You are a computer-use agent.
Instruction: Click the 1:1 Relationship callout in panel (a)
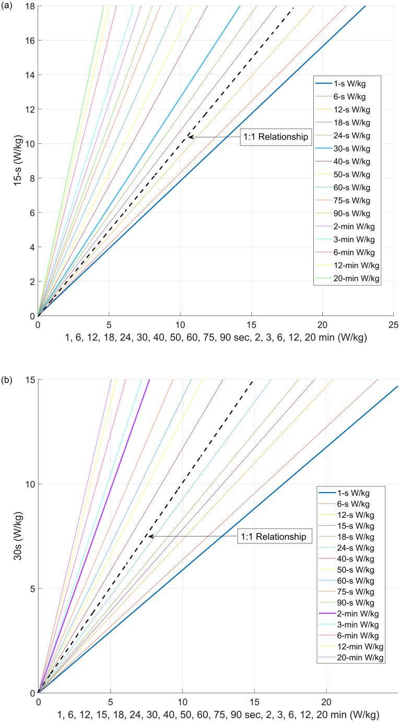[275, 137]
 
